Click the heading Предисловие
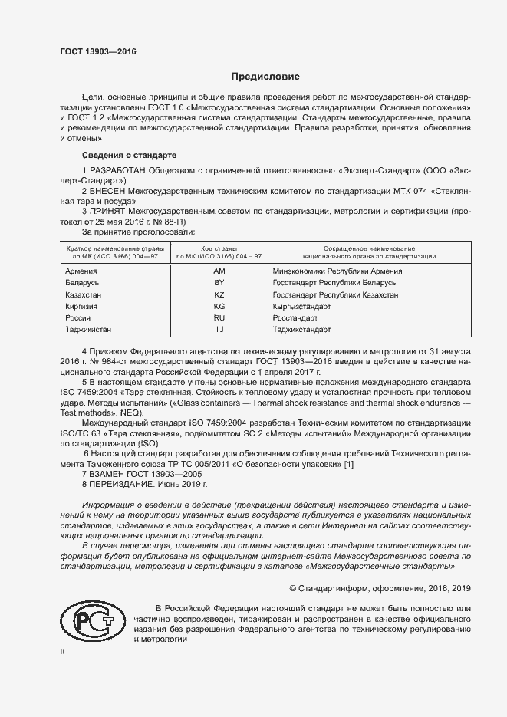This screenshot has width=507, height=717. [x=266, y=77]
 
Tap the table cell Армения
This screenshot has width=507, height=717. [x=82, y=271]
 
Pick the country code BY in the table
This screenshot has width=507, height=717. [x=219, y=282]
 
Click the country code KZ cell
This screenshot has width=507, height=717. [x=219, y=294]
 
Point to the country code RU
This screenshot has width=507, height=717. [x=219, y=317]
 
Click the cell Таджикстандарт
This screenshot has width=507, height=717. [x=301, y=330]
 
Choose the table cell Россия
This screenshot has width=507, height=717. [x=79, y=317]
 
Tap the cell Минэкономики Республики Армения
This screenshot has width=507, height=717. [x=337, y=271]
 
